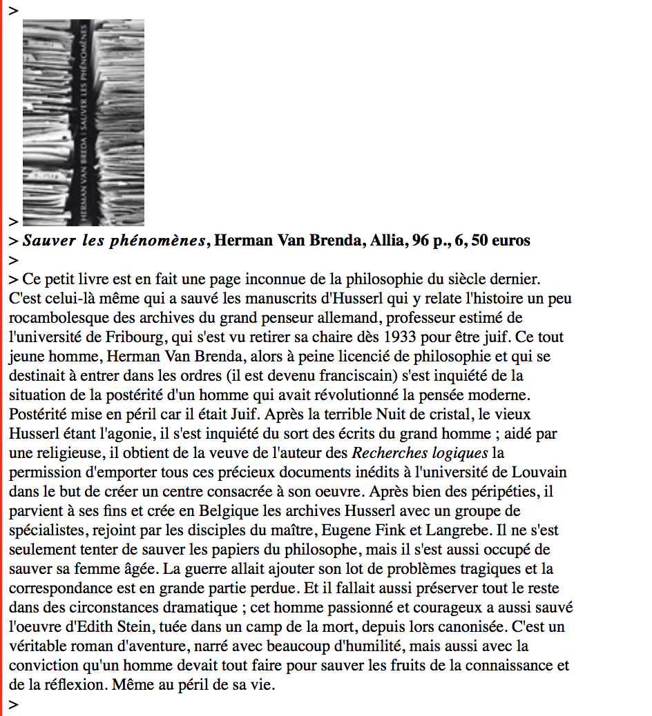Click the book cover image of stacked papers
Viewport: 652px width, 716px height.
(x=83, y=122)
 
